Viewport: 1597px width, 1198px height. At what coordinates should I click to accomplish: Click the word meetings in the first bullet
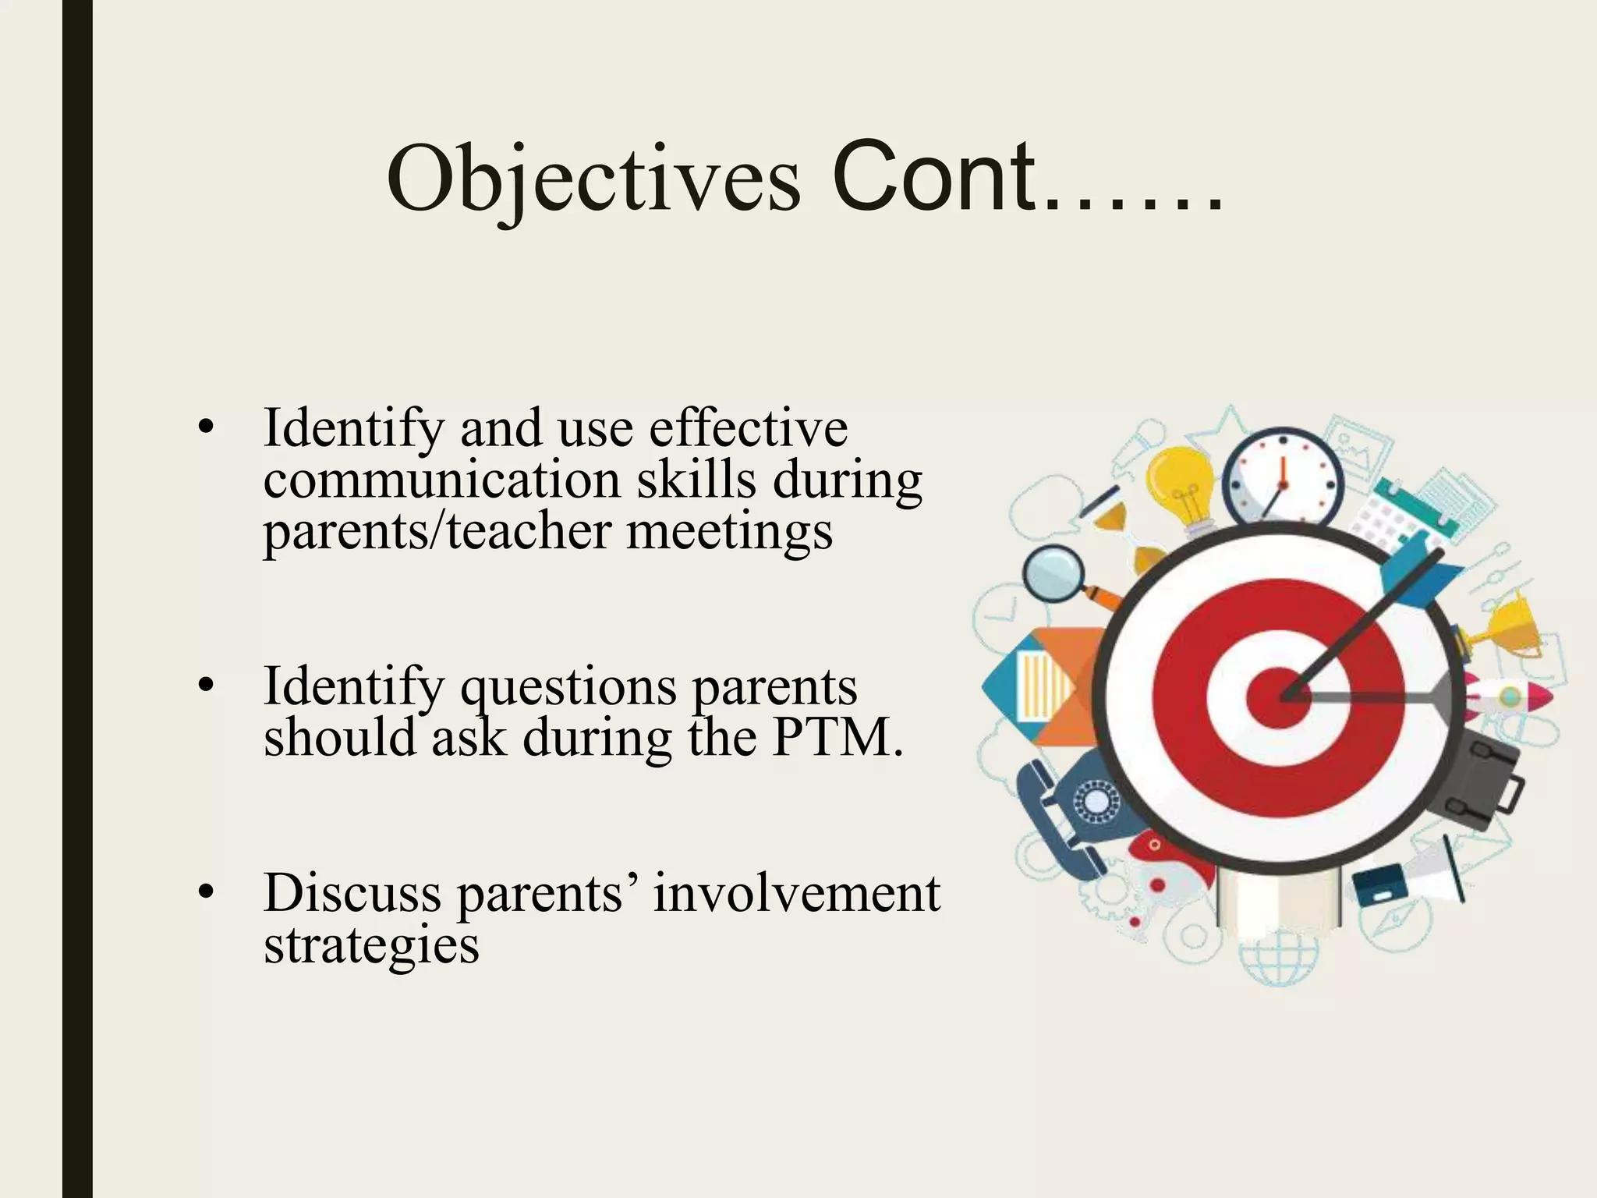coord(729,532)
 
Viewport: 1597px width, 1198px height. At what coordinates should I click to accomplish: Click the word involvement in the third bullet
coord(796,893)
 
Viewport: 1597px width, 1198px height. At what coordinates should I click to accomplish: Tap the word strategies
coord(371,945)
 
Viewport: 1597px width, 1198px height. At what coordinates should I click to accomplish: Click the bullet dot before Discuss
coord(206,894)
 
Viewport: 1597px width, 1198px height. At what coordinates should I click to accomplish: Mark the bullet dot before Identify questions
coord(206,687)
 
